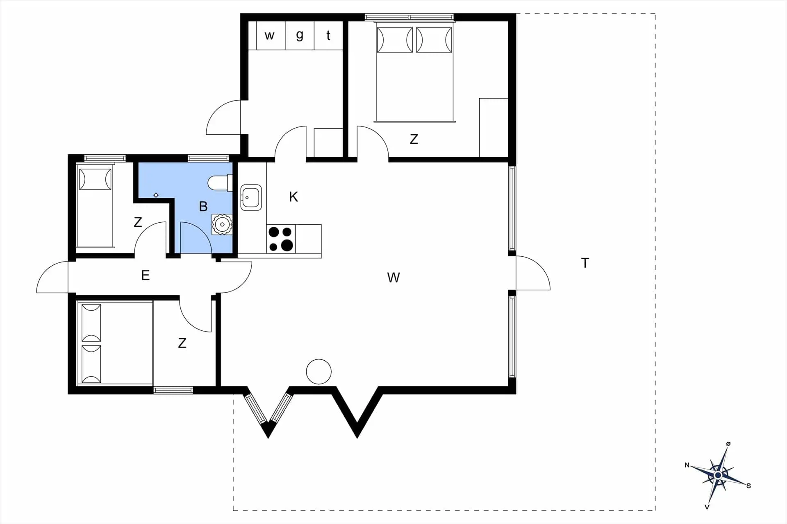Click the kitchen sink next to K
click(251, 197)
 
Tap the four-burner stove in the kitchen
click(281, 239)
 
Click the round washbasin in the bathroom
click(222, 224)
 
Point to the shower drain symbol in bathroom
click(156, 195)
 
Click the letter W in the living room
click(393, 278)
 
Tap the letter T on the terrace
click(585, 263)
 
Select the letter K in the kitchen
click(293, 197)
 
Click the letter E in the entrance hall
click(145, 275)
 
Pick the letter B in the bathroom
click(203, 206)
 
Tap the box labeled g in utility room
click(300, 36)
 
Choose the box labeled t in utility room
click(328, 36)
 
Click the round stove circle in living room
click(318, 372)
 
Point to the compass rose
click(718, 475)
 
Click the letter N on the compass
click(687, 465)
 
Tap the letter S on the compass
click(748, 486)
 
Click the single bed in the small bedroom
click(95, 208)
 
